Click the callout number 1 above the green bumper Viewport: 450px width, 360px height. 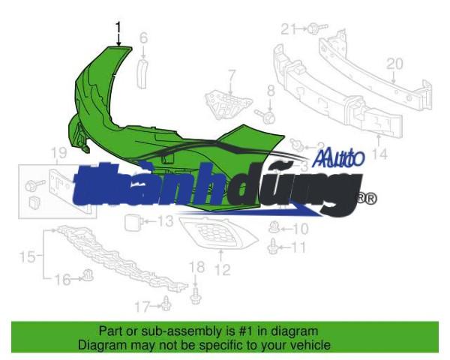point(118,28)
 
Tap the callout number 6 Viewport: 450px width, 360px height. point(143,38)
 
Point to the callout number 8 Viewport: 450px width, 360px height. point(271,91)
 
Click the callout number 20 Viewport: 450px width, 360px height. point(394,64)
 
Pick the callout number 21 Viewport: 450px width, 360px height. point(288,28)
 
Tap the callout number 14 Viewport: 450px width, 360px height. point(379,154)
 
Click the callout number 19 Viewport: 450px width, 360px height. point(58,153)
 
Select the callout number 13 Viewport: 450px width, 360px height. point(166,221)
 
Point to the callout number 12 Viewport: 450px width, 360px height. point(223,269)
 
